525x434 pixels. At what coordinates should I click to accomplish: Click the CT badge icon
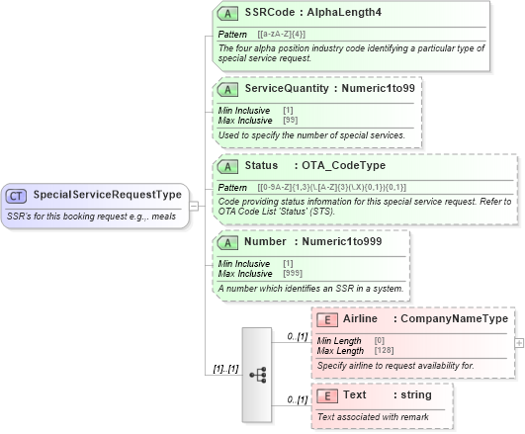tap(17, 195)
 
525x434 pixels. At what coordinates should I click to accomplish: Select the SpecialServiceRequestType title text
tap(107, 195)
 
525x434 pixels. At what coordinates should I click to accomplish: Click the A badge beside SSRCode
tap(227, 13)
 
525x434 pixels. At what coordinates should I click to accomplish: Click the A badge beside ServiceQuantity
tap(227, 88)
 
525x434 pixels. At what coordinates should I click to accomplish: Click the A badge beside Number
tap(227, 241)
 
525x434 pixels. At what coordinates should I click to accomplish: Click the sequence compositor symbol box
tap(257, 375)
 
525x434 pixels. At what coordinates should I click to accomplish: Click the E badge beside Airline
tap(325, 318)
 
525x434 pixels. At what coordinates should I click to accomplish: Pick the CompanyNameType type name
tap(454, 318)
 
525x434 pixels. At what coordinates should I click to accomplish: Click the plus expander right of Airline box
tap(520, 341)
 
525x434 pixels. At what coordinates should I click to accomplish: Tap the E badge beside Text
tap(325, 394)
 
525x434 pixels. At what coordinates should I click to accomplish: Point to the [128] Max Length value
tap(386, 349)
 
